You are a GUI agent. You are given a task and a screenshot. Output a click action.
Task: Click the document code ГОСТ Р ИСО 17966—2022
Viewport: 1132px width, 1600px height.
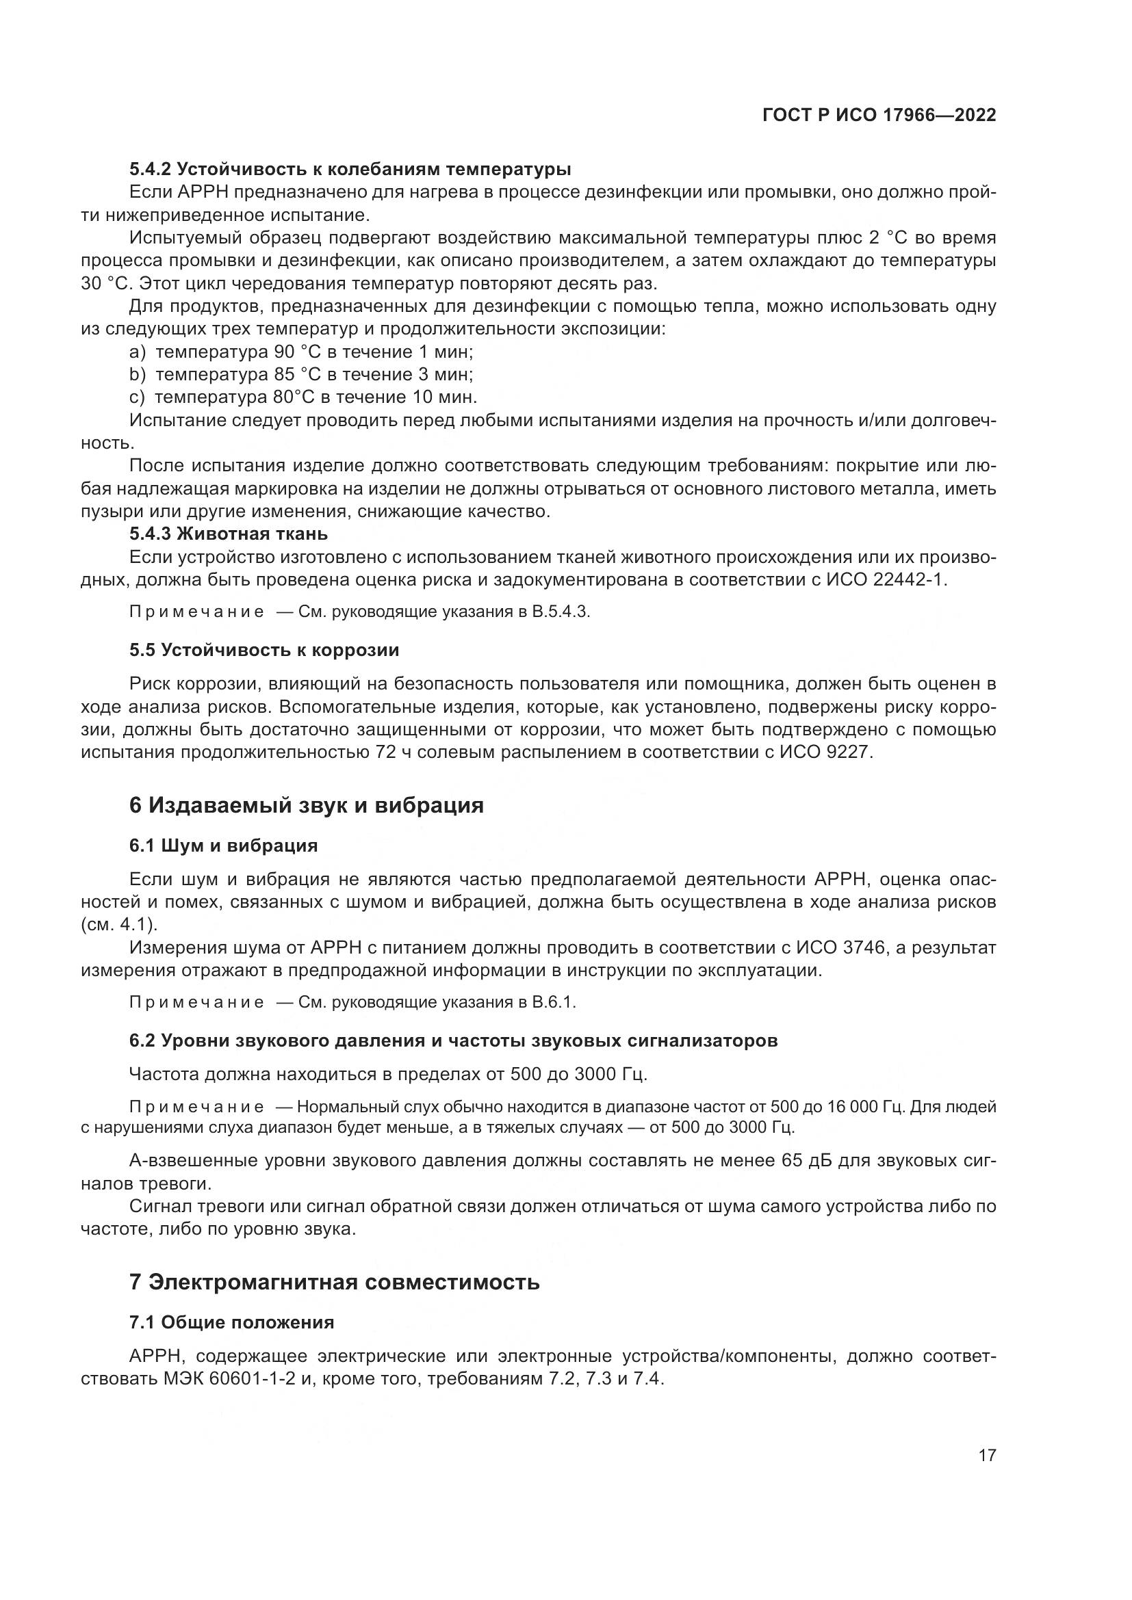tap(879, 116)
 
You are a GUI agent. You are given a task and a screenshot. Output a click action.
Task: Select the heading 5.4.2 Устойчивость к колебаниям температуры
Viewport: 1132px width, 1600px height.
tap(350, 170)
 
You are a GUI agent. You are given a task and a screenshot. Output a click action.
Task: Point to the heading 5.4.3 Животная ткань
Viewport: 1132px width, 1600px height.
tap(229, 534)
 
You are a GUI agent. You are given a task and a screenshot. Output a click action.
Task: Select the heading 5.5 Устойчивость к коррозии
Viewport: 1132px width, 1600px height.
tap(264, 650)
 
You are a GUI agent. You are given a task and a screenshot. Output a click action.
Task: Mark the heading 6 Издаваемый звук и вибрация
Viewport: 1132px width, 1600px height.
tap(306, 806)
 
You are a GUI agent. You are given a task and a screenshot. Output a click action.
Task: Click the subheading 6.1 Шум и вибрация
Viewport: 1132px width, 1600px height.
tap(223, 846)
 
